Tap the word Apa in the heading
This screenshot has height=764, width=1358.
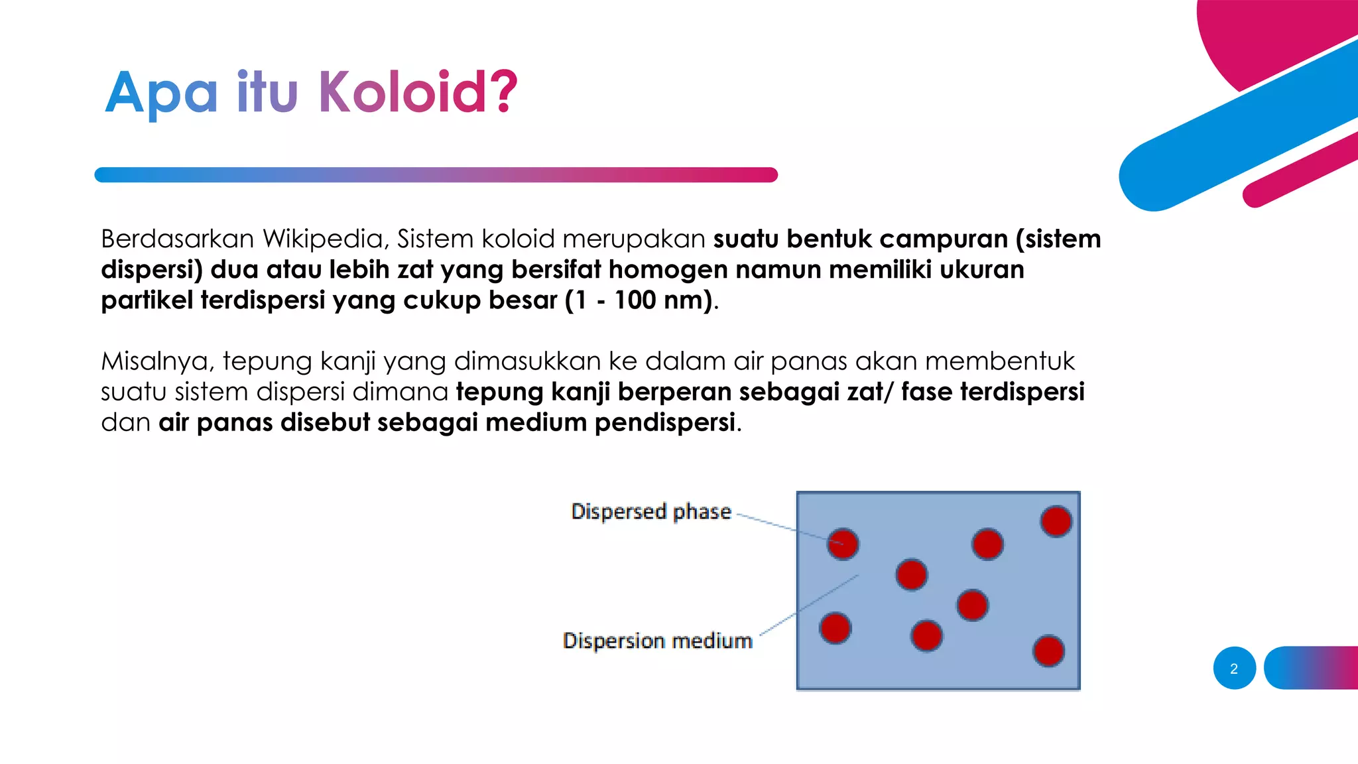[161, 93]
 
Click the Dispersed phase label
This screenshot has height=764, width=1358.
[650, 511]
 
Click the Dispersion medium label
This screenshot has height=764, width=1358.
[657, 641]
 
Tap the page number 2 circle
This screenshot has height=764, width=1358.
[1234, 668]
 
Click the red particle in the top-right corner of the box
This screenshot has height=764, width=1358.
[1056, 521]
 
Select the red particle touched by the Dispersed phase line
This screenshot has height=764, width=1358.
[843, 544]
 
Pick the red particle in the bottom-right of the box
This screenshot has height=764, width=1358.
[1048, 651]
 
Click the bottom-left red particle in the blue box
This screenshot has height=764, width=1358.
[835, 628]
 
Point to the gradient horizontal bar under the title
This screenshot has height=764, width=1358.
[436, 175]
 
